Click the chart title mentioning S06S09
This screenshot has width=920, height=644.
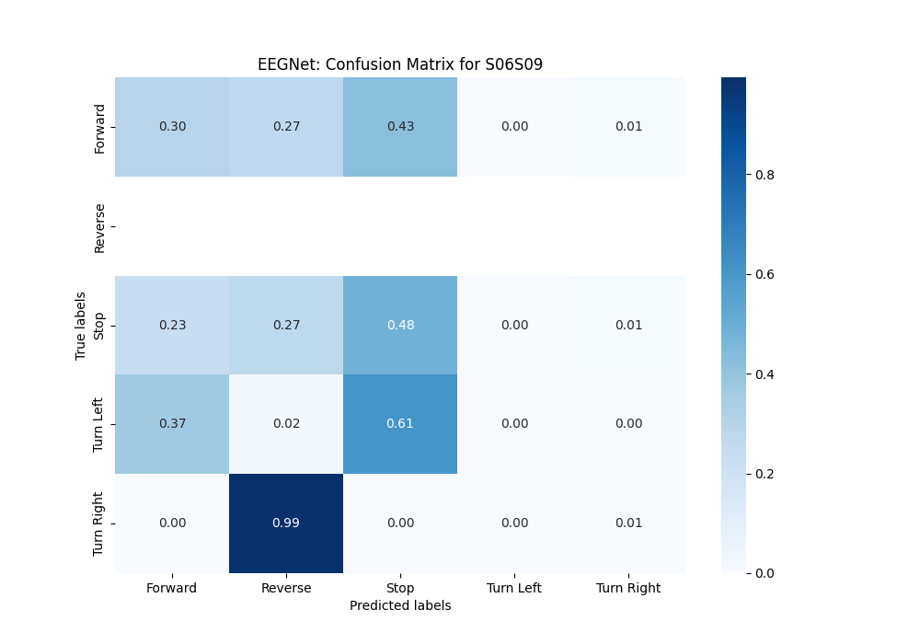click(400, 64)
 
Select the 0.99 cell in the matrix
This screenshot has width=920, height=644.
click(286, 523)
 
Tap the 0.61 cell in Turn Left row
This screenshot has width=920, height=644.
click(400, 423)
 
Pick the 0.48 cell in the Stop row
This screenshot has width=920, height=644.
click(400, 325)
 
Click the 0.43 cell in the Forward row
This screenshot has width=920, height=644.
click(400, 126)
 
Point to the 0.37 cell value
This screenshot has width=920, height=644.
click(172, 423)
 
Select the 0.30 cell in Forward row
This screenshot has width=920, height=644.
click(172, 126)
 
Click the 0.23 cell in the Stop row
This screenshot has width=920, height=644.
click(172, 325)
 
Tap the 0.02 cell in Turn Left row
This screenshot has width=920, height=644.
click(286, 423)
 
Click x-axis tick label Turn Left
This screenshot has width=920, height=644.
click(514, 588)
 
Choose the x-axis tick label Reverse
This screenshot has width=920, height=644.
click(286, 588)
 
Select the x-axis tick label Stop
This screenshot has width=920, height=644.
click(400, 588)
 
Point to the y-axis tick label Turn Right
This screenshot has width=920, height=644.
click(99, 523)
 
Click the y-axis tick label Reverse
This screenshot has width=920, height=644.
click(99, 226)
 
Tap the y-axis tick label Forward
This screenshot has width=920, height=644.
click(99, 127)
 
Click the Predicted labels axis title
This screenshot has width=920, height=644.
click(400, 605)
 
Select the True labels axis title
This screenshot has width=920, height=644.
click(81, 325)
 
